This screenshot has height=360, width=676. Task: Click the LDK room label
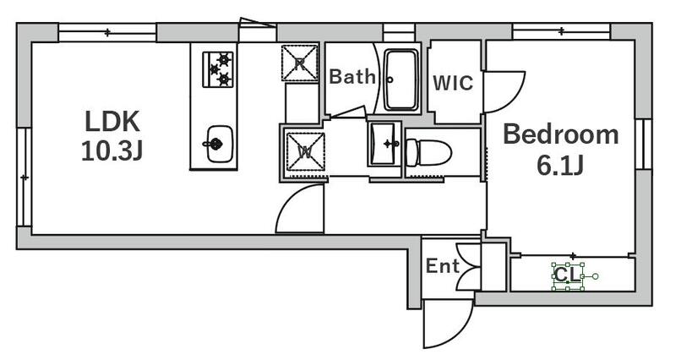point(111,121)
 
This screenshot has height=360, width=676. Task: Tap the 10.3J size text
point(111,152)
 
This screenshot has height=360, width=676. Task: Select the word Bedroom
point(561,134)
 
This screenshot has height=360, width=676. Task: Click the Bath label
point(352,78)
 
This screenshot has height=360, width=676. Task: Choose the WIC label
point(453,84)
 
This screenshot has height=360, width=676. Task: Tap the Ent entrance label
point(441,267)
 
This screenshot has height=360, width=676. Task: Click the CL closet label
point(568,275)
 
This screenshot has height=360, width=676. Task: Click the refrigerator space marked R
point(300,62)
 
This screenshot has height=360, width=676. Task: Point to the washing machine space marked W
point(302,152)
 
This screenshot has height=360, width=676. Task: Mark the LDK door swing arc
point(300,211)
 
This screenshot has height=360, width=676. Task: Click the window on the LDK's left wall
point(25,177)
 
